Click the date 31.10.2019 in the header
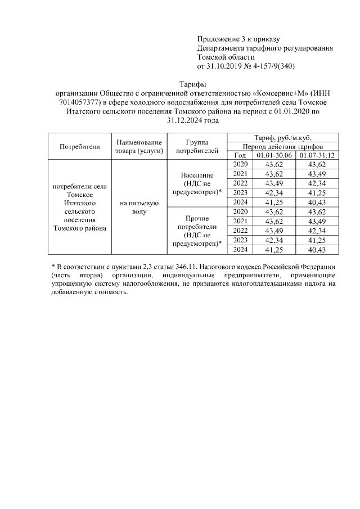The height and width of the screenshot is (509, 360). (x=226, y=66)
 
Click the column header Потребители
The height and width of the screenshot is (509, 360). (x=80, y=146)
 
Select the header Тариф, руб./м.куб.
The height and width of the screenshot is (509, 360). (x=283, y=138)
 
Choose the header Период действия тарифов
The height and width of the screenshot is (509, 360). (x=283, y=146)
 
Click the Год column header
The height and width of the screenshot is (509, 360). (x=240, y=155)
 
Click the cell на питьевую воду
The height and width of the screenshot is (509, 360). (x=139, y=208)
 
